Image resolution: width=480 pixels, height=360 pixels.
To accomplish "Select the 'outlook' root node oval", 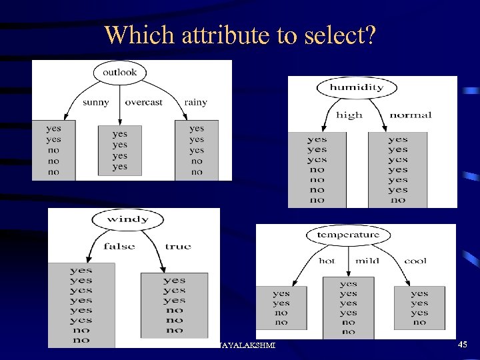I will pos(120,72).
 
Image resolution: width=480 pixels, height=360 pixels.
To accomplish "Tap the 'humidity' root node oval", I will pos(356,87).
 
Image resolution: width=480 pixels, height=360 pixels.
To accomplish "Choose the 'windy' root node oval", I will pos(127,219).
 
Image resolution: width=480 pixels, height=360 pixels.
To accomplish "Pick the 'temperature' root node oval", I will pos(348,235).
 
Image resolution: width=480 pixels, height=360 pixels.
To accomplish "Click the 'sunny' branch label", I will pos(96,103).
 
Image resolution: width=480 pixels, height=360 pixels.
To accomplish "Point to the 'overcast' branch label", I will pos(143,103).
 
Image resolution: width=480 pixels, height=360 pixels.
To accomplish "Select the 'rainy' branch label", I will pos(195,103).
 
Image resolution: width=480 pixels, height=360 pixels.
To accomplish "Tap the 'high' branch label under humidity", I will pos(349,115).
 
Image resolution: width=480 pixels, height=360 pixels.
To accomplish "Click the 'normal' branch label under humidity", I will pos(410,115).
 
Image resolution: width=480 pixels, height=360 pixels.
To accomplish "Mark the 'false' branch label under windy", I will pos(119,247).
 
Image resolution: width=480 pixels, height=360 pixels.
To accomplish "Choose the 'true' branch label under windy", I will pos(178,247).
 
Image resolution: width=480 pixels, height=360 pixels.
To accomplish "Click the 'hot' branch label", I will pos(327,261).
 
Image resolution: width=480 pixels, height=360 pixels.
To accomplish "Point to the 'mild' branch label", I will pos(367,261).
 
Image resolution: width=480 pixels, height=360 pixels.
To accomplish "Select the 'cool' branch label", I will pos(415,261).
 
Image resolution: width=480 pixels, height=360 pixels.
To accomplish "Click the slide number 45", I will pos(463,345).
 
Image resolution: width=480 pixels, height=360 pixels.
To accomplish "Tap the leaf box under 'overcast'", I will pos(120,151).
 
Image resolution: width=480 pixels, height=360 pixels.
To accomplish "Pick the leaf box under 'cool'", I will pos(419,307).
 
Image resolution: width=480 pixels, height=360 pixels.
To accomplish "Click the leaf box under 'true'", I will pos(174,305).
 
